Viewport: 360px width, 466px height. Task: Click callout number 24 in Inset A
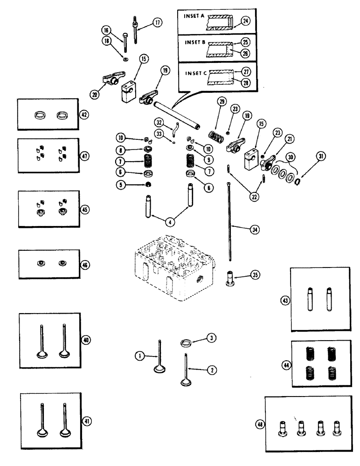pos(245,20)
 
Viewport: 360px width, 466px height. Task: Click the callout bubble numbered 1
pos(138,356)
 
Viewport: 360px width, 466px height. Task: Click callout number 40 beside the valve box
pos(84,340)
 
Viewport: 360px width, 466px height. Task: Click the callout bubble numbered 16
pos(107,30)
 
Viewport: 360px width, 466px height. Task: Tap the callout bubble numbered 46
pos(85,264)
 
